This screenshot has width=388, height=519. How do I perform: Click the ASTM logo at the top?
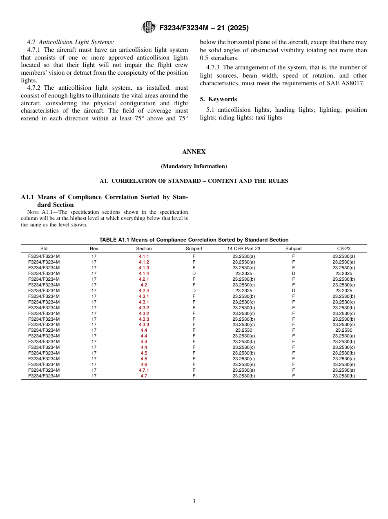tap(148, 27)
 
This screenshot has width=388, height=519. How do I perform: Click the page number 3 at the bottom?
tap(194, 501)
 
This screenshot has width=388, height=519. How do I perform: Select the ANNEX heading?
tap(194, 152)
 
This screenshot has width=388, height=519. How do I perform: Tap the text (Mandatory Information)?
tap(194, 166)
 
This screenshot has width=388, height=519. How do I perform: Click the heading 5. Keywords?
tap(219, 99)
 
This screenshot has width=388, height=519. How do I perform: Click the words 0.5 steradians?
tap(219, 58)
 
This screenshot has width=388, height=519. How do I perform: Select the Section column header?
tap(144, 248)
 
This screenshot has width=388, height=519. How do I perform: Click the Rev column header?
tap(94, 248)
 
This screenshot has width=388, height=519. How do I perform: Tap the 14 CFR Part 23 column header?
tap(244, 248)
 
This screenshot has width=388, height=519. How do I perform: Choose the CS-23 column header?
tap(343, 248)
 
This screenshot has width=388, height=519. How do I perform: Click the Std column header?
tap(44, 248)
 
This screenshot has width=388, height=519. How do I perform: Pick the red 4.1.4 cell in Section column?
tap(144, 273)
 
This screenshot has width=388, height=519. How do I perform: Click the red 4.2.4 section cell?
tap(144, 291)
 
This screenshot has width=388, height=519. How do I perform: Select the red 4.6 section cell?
tap(144, 364)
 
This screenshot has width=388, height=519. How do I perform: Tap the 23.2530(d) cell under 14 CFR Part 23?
tap(244, 268)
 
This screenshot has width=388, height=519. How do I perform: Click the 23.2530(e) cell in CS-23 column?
tap(343, 364)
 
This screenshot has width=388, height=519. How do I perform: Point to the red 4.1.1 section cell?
tap(144, 256)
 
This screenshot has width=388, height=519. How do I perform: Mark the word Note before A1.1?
tap(33, 212)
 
